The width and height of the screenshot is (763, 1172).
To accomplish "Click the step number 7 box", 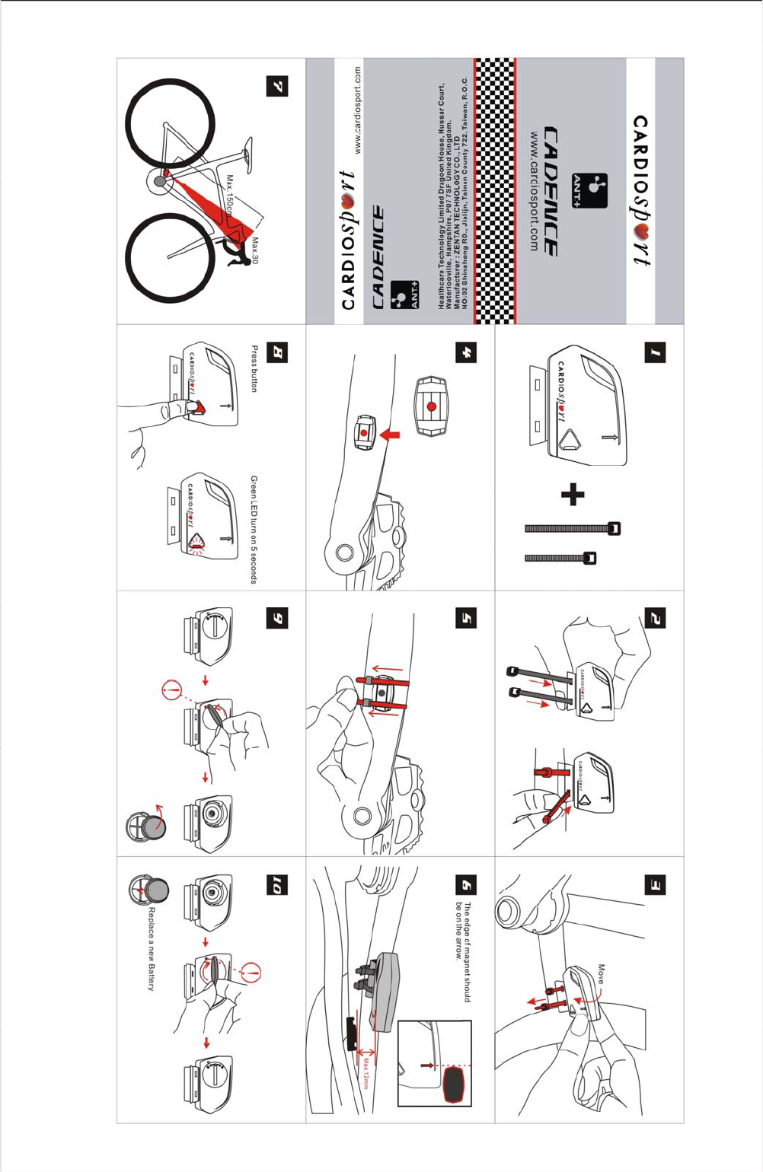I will coord(278,86).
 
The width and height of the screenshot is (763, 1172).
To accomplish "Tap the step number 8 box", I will coord(278,352).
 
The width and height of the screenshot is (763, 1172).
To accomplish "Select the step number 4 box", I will coord(467,352).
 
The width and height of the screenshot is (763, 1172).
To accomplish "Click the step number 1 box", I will coord(656,352).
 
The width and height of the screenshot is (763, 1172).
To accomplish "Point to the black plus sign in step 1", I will coord(573,495).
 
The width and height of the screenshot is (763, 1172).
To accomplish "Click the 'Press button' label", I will coord(254,368).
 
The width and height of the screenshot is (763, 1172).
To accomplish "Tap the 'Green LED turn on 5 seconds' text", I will coord(254,530).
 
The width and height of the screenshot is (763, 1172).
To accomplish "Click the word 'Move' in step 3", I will coord(601,975).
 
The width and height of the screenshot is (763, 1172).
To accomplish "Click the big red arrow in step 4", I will coord(390,435).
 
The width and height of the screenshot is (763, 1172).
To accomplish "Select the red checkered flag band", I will coord(495,190).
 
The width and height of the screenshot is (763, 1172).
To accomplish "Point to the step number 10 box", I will coord(278,885).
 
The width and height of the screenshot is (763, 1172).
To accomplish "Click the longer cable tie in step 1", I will coord(572,528).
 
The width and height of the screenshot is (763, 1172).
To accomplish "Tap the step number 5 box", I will coord(467,618).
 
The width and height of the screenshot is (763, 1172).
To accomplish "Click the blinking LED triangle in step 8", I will coord(197,543).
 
